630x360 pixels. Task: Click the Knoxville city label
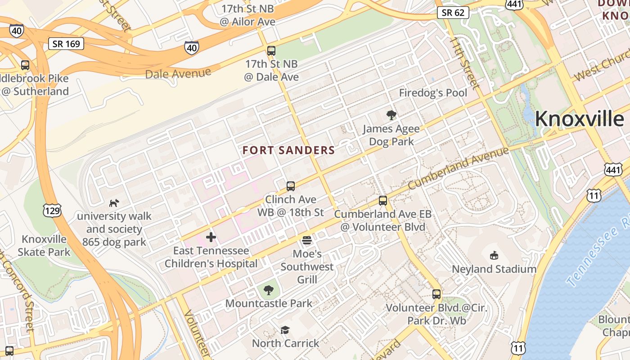point(579,119)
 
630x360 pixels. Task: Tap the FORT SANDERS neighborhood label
point(289,150)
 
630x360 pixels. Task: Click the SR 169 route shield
point(66,44)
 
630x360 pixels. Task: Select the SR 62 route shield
point(453,13)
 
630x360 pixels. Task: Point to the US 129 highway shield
point(53,210)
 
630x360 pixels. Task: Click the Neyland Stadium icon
point(494,256)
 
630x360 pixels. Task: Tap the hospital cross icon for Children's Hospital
point(211,237)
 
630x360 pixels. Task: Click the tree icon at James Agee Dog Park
point(391,115)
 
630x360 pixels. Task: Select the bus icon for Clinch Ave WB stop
point(291,186)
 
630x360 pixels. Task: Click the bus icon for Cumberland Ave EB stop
point(383,201)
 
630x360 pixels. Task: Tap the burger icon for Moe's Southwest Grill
point(307,240)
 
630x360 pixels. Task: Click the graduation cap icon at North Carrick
point(285,330)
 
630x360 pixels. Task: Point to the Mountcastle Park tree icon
point(269,290)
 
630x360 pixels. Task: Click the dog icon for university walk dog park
point(114,203)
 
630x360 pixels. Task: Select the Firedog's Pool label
point(433,93)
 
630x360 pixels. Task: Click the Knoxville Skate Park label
point(44,245)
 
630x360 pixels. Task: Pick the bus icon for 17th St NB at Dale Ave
point(271,51)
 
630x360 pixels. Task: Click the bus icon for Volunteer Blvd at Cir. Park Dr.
point(436,294)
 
